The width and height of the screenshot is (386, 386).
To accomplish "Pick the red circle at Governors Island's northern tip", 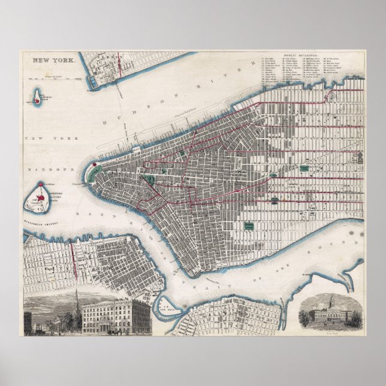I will [41, 184].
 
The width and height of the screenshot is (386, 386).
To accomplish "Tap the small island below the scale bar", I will [38, 96].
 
